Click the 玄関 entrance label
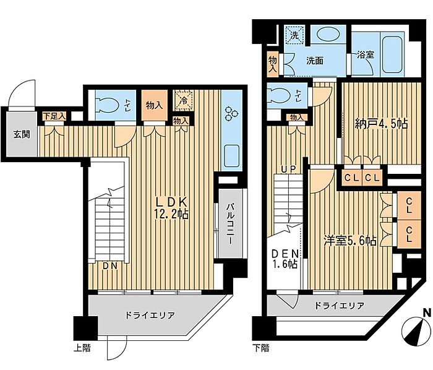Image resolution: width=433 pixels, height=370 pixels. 22,135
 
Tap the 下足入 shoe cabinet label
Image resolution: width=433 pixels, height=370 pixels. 54,116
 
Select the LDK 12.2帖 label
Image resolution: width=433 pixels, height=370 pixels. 171,208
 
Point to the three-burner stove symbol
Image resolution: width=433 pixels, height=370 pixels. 231,113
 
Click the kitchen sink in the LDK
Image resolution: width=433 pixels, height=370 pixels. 231,156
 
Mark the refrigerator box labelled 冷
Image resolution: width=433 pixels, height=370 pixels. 184,100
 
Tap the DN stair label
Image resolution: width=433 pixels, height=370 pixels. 110,266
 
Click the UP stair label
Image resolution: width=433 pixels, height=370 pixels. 289,168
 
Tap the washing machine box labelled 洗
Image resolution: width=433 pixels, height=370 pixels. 294,35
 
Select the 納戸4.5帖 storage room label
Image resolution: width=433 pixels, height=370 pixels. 381,124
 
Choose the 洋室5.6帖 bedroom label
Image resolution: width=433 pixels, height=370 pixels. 350,241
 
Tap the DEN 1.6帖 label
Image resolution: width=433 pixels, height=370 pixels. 285,259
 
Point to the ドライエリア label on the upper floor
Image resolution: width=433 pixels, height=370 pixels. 150,315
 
